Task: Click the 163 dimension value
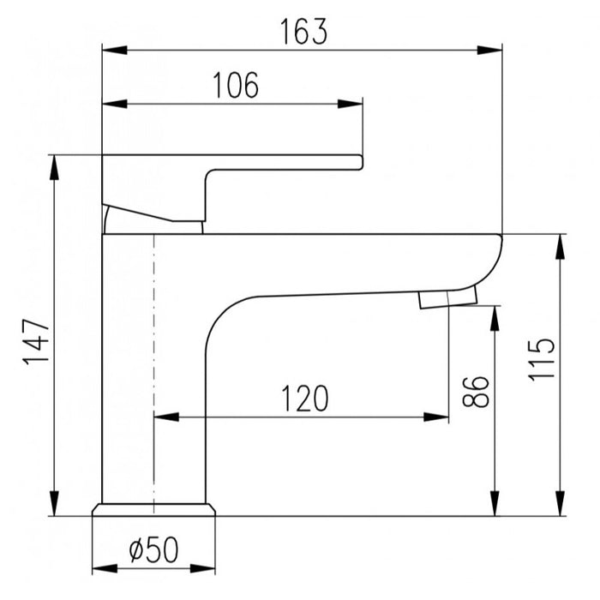pyautogui.click(x=303, y=32)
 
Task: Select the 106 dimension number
pyautogui.click(x=236, y=85)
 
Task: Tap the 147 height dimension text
pyautogui.click(x=36, y=342)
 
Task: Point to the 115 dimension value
pyautogui.click(x=541, y=359)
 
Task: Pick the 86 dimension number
pyautogui.click(x=475, y=391)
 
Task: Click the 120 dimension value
pyautogui.click(x=304, y=399)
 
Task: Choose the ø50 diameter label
pyautogui.click(x=153, y=549)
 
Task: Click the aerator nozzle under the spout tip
pyautogui.click(x=448, y=298)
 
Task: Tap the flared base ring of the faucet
pyautogui.click(x=153, y=509)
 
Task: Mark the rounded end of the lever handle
pyautogui.click(x=360, y=162)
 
